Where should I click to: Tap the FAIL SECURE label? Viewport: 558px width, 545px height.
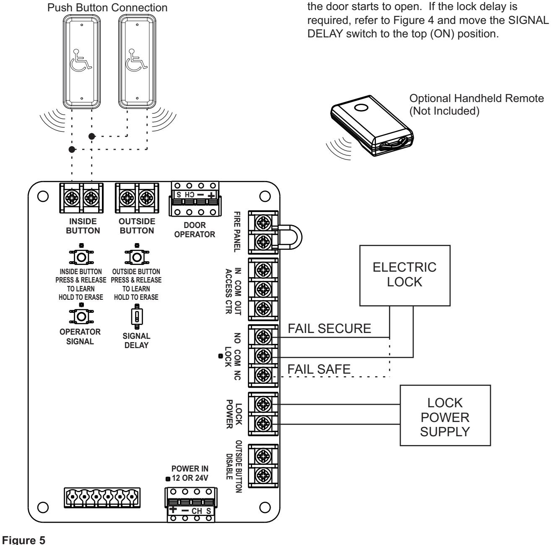click(x=329, y=328)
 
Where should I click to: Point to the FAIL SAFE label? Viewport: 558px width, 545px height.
click(x=319, y=369)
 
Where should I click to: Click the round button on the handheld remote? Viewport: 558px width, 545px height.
click(x=361, y=108)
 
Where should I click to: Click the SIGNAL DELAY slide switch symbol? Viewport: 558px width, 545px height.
click(x=137, y=317)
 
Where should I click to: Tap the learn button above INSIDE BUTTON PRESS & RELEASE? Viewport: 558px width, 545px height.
click(x=81, y=257)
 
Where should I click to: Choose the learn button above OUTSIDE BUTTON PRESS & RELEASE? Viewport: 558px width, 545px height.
click(x=137, y=257)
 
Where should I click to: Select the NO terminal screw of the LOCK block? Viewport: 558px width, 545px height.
click(x=263, y=336)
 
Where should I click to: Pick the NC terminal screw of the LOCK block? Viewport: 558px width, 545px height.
click(x=263, y=375)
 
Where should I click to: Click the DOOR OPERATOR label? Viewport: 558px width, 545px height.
click(x=195, y=230)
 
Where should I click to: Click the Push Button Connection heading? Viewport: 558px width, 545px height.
click(x=107, y=8)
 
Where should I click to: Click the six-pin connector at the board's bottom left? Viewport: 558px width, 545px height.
click(x=102, y=498)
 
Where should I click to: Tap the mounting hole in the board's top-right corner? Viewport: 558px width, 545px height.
click(x=265, y=197)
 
